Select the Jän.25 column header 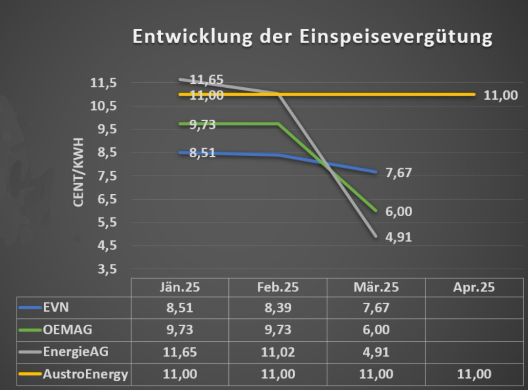pos(180,287)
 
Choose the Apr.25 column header pos(473,287)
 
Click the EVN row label pos(55,308)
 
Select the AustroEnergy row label pos(85,374)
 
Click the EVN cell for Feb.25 pos(278,308)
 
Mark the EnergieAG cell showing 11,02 pos(278,352)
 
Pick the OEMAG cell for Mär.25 pos(376,330)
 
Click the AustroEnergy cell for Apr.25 pos(473,374)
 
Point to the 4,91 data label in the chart pos(398,238)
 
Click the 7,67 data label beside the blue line pos(398,173)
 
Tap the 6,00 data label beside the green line pos(398,212)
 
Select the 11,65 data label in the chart pos(206,80)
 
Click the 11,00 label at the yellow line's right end pos(500,95)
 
